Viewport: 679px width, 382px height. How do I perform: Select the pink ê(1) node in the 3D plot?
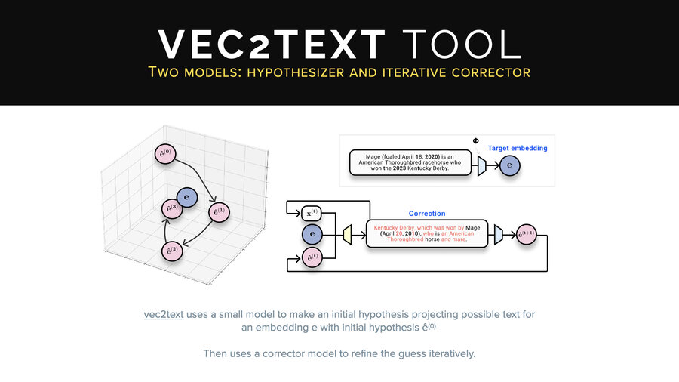(217, 212)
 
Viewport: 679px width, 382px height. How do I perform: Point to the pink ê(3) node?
(172, 208)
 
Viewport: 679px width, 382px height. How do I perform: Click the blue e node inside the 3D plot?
(186, 197)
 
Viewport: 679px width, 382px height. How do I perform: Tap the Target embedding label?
(517, 149)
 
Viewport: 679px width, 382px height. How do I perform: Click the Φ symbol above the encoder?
(475, 141)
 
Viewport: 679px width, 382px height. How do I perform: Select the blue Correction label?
(427, 214)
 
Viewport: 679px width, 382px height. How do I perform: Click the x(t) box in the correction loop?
(312, 213)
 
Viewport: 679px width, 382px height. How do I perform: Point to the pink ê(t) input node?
(312, 257)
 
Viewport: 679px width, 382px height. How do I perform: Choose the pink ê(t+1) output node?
(526, 236)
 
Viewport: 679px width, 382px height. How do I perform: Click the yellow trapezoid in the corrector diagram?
(347, 235)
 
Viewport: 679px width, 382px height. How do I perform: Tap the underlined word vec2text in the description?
(164, 314)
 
